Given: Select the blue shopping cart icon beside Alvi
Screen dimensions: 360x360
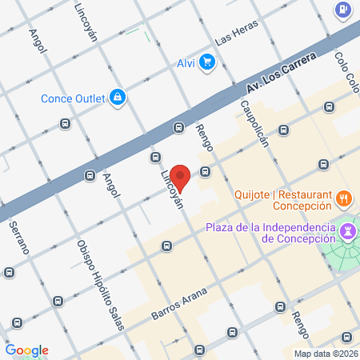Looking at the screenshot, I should pos(207,61).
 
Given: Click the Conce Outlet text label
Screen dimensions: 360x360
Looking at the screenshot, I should pos(74,98).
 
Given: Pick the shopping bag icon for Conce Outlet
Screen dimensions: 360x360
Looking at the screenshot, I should pos(118,97).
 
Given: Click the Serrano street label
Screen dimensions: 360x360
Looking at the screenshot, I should pos(19,238).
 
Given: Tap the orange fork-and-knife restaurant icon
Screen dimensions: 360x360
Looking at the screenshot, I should pos(343,197).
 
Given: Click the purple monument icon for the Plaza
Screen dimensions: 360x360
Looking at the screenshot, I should pos(348,231).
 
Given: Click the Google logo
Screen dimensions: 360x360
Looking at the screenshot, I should pos(26,350).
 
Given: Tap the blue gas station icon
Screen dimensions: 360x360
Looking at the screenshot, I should pos(342,10).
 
